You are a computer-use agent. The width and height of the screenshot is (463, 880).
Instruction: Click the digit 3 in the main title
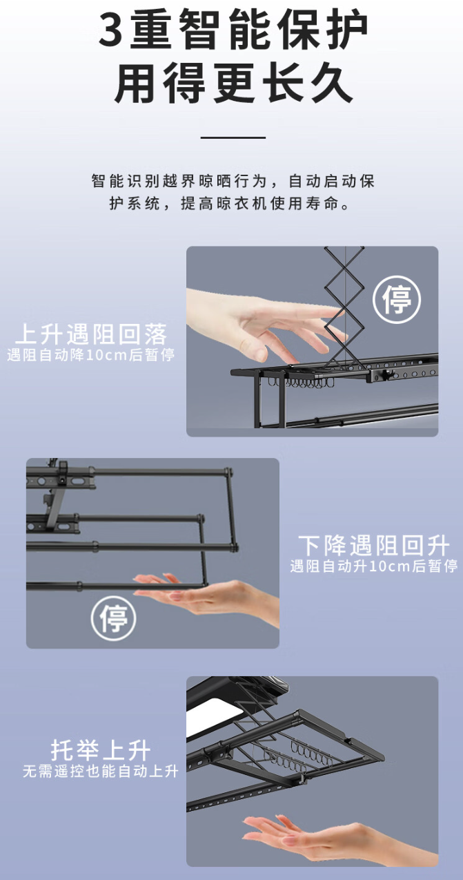(x=110, y=30)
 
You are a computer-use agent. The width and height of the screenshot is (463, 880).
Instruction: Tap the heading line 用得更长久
(x=233, y=84)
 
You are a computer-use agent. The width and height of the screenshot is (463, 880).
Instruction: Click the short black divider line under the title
(x=233, y=137)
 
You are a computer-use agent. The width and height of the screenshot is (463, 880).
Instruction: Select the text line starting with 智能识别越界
(x=233, y=181)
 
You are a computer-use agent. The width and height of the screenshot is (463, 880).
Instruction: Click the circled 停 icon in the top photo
(x=397, y=299)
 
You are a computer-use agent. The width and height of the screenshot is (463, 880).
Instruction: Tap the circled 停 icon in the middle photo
(x=114, y=618)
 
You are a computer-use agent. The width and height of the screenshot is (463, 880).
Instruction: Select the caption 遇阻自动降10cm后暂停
(x=90, y=355)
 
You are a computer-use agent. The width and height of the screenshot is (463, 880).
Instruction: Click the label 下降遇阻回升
(x=373, y=545)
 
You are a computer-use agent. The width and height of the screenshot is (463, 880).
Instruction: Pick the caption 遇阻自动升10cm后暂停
(x=373, y=566)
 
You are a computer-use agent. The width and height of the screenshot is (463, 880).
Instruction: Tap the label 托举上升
(x=101, y=749)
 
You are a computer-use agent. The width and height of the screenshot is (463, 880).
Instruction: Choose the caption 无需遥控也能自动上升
(x=101, y=770)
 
